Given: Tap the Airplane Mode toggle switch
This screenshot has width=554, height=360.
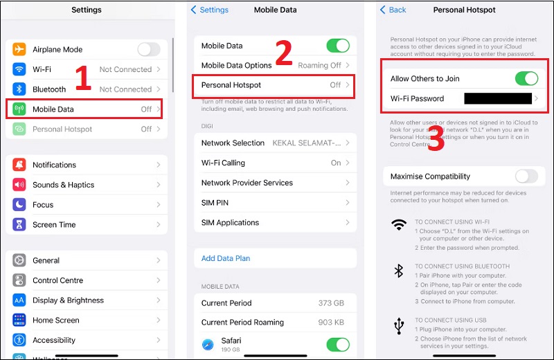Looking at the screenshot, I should click(x=148, y=49).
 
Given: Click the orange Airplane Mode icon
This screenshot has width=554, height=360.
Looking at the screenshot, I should click(x=19, y=50).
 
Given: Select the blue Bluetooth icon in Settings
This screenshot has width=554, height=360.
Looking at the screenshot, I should click(x=19, y=89).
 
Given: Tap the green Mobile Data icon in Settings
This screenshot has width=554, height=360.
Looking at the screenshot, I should click(x=19, y=109).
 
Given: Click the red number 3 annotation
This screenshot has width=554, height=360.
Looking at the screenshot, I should click(x=436, y=138).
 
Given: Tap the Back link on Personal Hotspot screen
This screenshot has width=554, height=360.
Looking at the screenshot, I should click(x=393, y=10).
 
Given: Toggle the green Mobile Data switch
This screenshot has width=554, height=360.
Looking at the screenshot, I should click(x=338, y=46).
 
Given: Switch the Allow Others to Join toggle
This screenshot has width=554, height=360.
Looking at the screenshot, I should click(x=526, y=79).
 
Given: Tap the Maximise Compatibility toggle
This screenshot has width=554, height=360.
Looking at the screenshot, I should click(x=526, y=177).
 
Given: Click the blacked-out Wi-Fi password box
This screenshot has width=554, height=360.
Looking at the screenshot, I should click(x=497, y=98).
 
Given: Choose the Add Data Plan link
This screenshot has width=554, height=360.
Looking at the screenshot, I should click(x=226, y=258).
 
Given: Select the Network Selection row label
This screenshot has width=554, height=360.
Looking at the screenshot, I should click(x=233, y=143).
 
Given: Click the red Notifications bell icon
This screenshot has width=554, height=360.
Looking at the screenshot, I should click(x=19, y=165).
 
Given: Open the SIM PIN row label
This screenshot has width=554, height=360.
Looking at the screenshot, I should click(x=215, y=203).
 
